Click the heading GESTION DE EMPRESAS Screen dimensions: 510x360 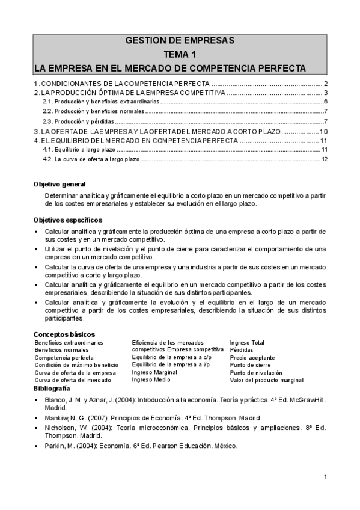tap(180, 41)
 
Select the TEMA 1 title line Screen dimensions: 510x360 tap(180, 54)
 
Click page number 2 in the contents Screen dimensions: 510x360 tap(325, 84)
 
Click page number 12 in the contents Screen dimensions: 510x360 tap(324, 159)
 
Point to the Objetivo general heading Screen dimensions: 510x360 tap(59, 184)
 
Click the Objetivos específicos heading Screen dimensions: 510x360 tap(68, 220)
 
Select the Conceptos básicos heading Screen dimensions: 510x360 tap(64, 334)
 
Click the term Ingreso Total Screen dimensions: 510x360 tap(247, 342)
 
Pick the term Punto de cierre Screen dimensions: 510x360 tap(250, 365)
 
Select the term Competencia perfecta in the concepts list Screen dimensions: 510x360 tap(64, 357)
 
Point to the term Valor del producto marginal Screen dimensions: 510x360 tap(266, 380)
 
